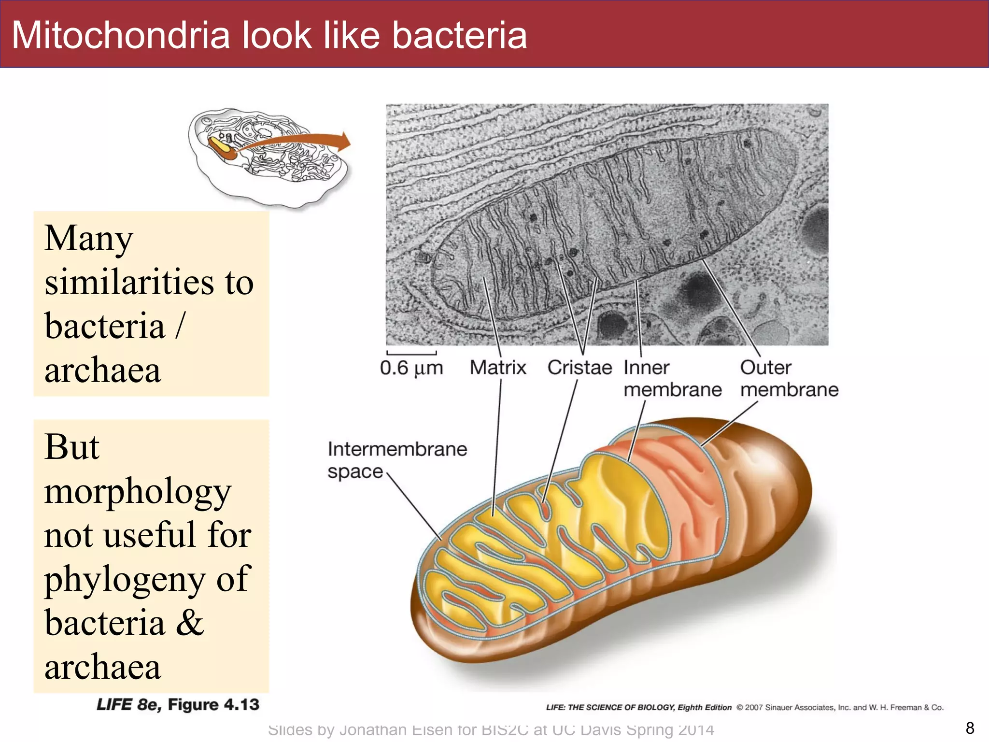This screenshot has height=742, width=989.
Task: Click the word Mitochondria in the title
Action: coord(121,35)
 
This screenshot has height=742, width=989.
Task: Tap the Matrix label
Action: coord(497,368)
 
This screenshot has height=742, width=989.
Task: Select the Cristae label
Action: coord(579,368)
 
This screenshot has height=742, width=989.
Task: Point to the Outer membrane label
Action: coord(789,378)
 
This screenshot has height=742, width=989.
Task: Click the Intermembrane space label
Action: coord(397,460)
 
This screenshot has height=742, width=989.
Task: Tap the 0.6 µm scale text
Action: coord(411,368)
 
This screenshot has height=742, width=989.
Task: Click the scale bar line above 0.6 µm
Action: coord(411,353)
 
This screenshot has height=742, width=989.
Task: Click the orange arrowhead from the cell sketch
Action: coord(344,142)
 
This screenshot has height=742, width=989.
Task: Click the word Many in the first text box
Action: coord(89,238)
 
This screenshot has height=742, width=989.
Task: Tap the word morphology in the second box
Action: coord(138,492)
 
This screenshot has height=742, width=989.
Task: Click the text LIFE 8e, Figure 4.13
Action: coord(178,705)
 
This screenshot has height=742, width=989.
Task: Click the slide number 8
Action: coord(970,728)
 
